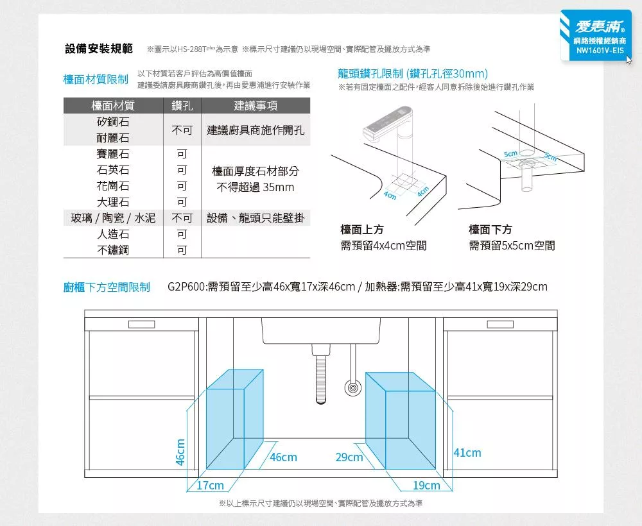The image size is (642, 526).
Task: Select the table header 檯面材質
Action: pyautogui.click(x=113, y=106)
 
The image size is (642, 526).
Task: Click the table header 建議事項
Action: pyautogui.click(x=256, y=106)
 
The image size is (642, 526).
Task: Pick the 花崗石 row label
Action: pyautogui.click(x=113, y=187)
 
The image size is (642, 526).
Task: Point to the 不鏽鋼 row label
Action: pyautogui.click(x=113, y=250)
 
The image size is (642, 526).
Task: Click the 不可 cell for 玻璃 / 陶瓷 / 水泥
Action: pyautogui.click(x=182, y=218)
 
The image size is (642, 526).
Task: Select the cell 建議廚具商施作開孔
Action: pyautogui.click(x=256, y=130)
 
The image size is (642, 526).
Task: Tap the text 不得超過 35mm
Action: pyautogui.click(x=256, y=187)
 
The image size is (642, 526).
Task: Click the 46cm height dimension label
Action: pyautogui.click(x=180, y=452)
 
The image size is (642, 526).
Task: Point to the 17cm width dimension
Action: pyautogui.click(x=211, y=486)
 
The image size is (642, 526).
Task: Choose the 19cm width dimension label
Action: pyautogui.click(x=427, y=486)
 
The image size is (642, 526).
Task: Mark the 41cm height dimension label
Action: pyautogui.click(x=467, y=453)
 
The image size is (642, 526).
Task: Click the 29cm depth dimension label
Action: pyautogui.click(x=349, y=457)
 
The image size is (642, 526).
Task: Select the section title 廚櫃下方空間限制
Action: pyautogui.click(x=107, y=287)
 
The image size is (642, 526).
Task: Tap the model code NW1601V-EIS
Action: pyautogui.click(x=600, y=51)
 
